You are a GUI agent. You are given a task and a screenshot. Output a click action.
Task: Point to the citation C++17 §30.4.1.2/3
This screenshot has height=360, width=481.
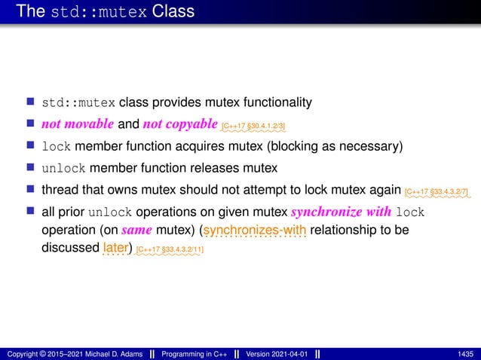pyautogui.click(x=253, y=126)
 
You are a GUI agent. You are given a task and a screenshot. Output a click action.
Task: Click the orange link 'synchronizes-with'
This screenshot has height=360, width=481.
pyautogui.click(x=255, y=230)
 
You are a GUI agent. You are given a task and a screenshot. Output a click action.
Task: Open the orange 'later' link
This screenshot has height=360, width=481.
pyautogui.click(x=116, y=247)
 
